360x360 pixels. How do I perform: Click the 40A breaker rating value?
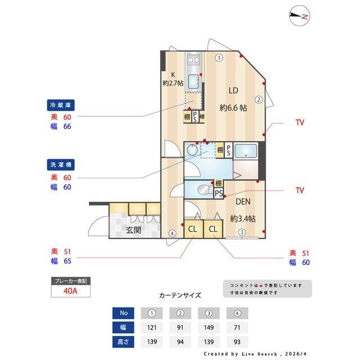[70, 291]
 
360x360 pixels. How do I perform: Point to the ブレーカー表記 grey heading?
[70, 280]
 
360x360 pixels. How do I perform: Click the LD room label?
[233, 90]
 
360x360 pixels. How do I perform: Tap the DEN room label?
[243, 202]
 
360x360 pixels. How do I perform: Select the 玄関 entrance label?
[133, 230]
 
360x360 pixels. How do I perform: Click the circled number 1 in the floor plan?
[219, 57]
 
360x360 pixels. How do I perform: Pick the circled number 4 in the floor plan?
[172, 233]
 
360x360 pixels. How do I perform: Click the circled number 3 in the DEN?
[241, 232]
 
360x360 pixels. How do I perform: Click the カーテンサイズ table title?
[179, 295]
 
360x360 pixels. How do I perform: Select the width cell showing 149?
[209, 327]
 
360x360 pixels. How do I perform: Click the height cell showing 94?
[181, 341]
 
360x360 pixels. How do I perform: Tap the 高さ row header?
[123, 341]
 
